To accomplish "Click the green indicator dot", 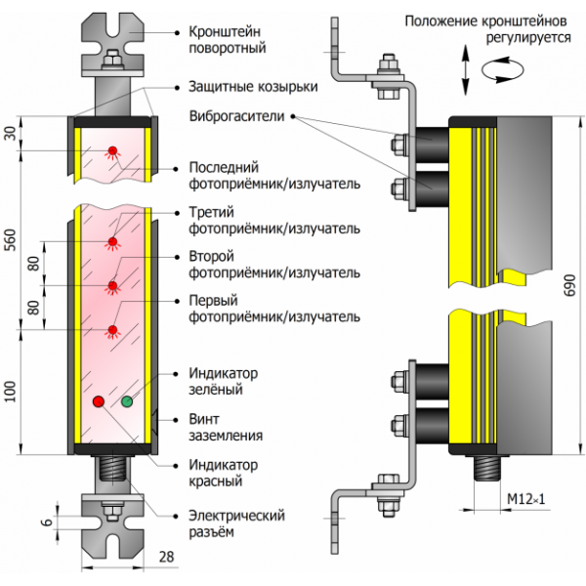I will pyautogui.click(x=127, y=401).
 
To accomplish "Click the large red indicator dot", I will pyautogui.click(x=98, y=401).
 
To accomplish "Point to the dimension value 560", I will pyautogui.click(x=10, y=248).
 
